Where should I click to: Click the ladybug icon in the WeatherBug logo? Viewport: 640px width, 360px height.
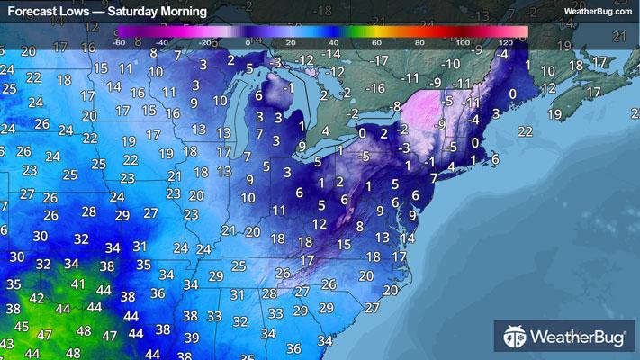pyautogui.click(x=514, y=338)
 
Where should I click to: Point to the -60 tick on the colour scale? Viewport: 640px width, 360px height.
pyautogui.click(x=119, y=41)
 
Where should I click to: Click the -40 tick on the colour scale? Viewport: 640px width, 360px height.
pyautogui.click(x=162, y=41)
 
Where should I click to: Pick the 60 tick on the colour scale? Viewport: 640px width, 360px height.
pyautogui.click(x=376, y=41)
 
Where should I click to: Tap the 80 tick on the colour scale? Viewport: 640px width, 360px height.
pyautogui.click(x=419, y=41)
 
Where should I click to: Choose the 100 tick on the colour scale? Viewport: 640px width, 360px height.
pyautogui.click(x=463, y=41)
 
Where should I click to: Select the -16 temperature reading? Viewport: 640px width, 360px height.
pyautogui.click(x=374, y=88)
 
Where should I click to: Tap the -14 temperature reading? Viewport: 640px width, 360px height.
pyautogui.click(x=332, y=55)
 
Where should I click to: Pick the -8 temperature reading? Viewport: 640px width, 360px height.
pyautogui.click(x=393, y=106)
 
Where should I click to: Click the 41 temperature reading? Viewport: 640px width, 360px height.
pyautogui.click(x=79, y=283)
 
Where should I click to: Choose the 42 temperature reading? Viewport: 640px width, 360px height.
pyautogui.click(x=37, y=299)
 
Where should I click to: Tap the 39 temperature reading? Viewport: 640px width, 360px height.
pyautogui.click(x=191, y=337)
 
